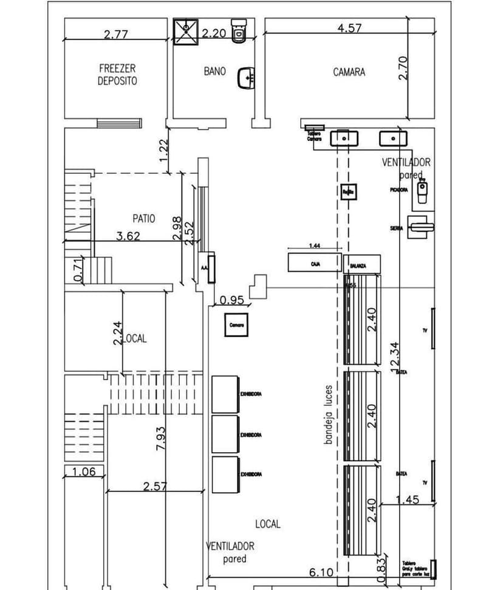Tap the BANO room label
(x=214, y=71)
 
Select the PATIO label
(x=143, y=218)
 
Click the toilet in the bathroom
(x=239, y=30)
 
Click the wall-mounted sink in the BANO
(x=247, y=77)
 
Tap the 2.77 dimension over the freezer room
(x=115, y=35)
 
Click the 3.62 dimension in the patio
(x=128, y=236)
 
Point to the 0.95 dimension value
(x=231, y=300)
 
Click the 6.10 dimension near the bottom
(x=321, y=572)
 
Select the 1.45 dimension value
(x=407, y=499)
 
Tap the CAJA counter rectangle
(x=315, y=262)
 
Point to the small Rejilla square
(x=347, y=191)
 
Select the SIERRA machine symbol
(x=421, y=227)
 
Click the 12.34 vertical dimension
(x=395, y=356)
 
